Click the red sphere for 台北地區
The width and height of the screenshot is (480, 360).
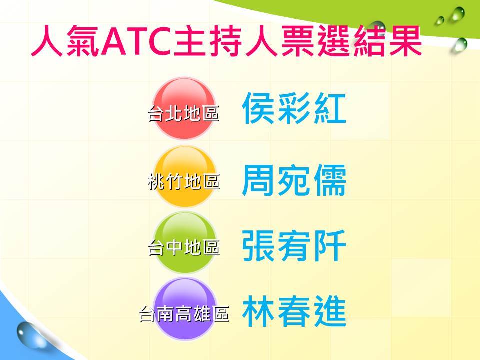184,108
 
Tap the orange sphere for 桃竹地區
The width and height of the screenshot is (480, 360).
185,176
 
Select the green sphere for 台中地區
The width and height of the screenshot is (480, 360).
185,243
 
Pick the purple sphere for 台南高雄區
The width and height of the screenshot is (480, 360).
185,309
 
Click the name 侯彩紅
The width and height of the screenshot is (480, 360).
294,108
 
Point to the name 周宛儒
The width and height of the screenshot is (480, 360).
294,180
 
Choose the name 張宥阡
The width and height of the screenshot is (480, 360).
294,246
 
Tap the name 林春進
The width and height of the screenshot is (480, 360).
294,311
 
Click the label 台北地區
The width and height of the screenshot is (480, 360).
183,113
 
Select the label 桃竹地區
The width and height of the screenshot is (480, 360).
184,181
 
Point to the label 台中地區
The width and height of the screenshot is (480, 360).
184,247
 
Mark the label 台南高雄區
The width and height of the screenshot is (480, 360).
184,314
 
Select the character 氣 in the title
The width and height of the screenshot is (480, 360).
82,41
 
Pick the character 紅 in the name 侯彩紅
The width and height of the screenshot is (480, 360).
329,108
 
